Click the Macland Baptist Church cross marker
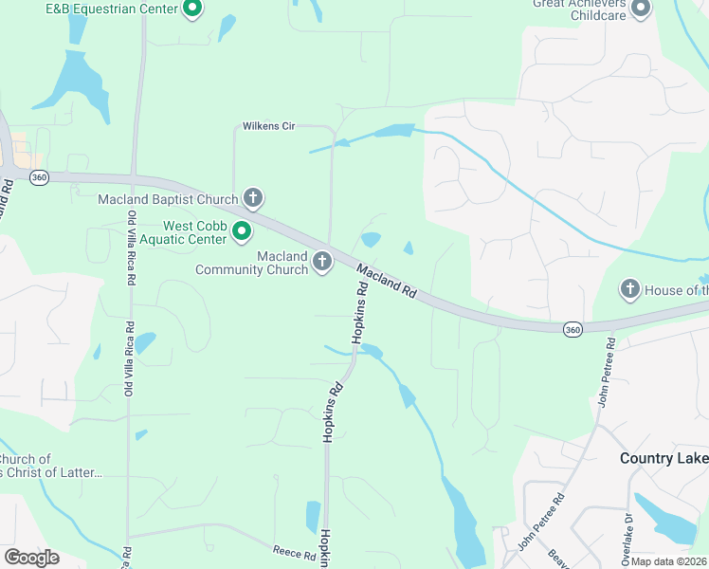tap(253, 198)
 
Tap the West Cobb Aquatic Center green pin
tap(242, 230)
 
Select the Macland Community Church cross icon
tap(322, 261)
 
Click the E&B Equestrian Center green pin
tap(192, 9)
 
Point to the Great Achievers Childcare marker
tap(641, 9)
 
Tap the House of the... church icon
tap(630, 288)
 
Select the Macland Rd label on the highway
tap(387, 282)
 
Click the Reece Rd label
tap(293, 551)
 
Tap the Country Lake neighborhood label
tap(664, 458)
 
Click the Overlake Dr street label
tap(628, 531)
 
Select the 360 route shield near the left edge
tap(39, 177)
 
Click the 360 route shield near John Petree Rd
tap(572, 329)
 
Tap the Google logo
tap(31, 558)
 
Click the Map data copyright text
tap(669, 561)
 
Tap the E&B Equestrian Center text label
tap(111, 9)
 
